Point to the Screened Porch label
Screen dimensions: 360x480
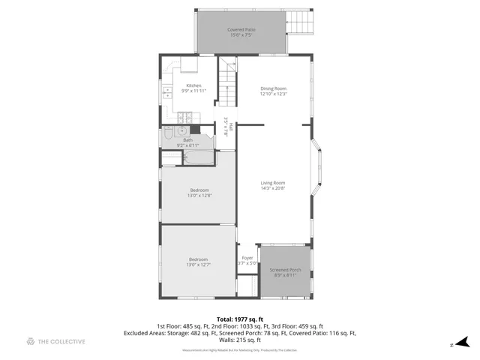tap(285, 271)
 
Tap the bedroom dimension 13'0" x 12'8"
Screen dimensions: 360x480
tap(199, 196)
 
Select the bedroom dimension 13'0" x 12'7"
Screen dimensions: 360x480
tap(199, 264)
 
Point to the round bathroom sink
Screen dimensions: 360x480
tap(183, 130)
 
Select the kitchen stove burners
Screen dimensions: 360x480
tap(186, 117)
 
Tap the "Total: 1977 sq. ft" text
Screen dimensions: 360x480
tap(240, 319)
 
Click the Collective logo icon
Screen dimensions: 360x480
tap(30, 342)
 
